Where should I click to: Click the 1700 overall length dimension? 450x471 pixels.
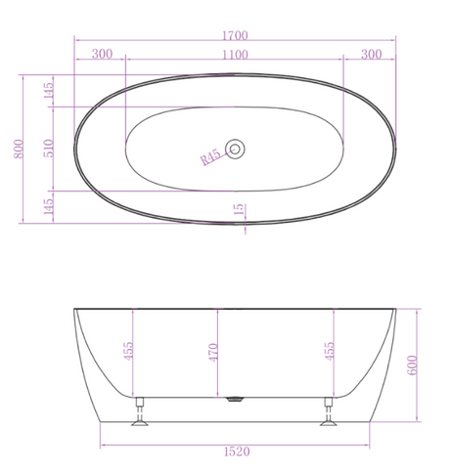pyautogui.click(x=235, y=35)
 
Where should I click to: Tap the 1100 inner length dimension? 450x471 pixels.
pyautogui.click(x=235, y=55)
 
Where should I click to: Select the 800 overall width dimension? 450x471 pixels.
pyautogui.click(x=19, y=149)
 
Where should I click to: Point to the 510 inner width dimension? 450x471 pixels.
pyautogui.click(x=48, y=149)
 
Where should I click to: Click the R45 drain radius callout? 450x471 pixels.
pyautogui.click(x=210, y=157)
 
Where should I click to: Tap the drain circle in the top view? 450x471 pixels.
pyautogui.click(x=235, y=150)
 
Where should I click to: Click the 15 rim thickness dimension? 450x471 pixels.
pyautogui.click(x=239, y=209)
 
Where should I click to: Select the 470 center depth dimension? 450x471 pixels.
pyautogui.click(x=213, y=352)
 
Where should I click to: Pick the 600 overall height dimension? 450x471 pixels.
pyautogui.click(x=412, y=365)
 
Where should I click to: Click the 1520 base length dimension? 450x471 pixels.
pyautogui.click(x=237, y=451)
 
